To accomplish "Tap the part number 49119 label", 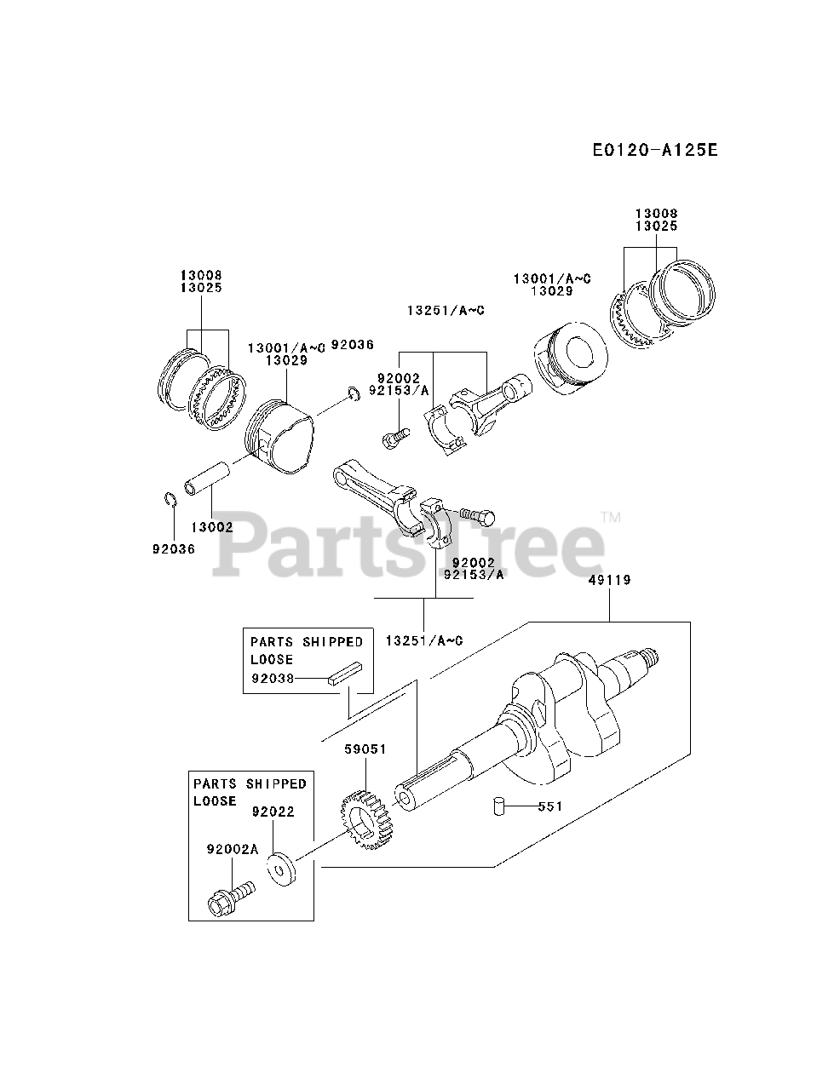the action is click(609, 580).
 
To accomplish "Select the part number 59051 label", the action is click(365, 749).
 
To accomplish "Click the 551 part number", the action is click(549, 806).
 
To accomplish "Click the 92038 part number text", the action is click(272, 679).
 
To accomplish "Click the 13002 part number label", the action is click(212, 527).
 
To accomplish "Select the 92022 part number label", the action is click(273, 812).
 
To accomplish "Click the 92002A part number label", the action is click(233, 848).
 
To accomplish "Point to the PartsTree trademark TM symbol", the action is click(611, 517).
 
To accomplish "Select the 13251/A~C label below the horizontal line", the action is click(423, 640).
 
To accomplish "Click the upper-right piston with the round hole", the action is click(569, 359).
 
